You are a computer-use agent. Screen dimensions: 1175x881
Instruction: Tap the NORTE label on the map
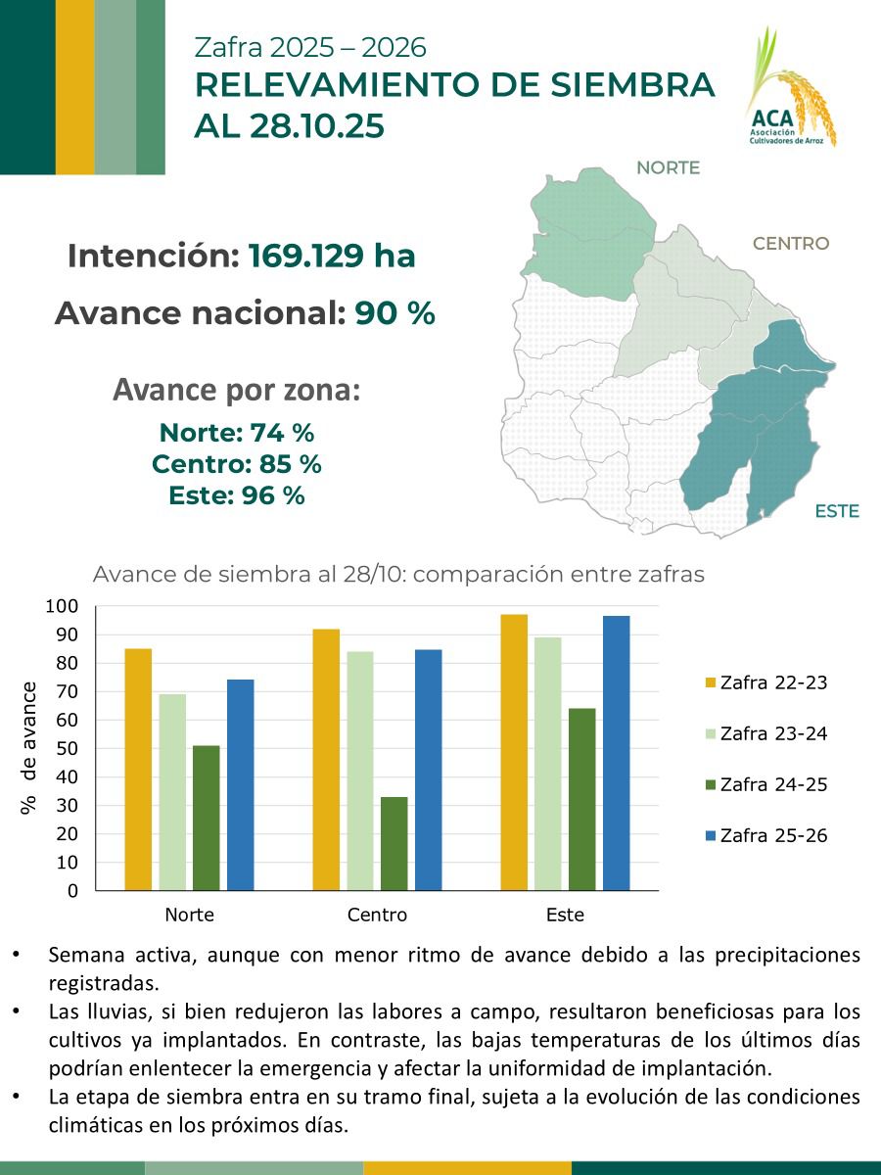point(668,167)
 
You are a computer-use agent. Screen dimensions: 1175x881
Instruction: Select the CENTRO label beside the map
point(790,244)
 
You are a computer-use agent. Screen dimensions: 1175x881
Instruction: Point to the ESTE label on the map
point(836,511)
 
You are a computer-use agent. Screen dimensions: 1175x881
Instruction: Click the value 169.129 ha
point(332,257)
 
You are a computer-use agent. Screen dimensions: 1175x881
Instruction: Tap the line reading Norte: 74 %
point(237,433)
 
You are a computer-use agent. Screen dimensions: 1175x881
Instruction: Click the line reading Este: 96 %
point(237,495)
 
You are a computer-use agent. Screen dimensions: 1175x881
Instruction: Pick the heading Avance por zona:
point(237,390)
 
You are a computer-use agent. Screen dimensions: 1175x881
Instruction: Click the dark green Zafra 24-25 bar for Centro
point(394,843)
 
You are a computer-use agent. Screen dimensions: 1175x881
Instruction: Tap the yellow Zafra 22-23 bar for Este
point(514,752)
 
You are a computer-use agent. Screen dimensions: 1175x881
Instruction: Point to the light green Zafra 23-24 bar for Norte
point(172,792)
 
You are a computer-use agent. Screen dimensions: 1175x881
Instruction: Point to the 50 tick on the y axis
point(68,748)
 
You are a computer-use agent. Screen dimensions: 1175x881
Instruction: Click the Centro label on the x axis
point(377,916)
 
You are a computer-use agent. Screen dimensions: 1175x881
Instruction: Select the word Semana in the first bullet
point(81,955)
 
